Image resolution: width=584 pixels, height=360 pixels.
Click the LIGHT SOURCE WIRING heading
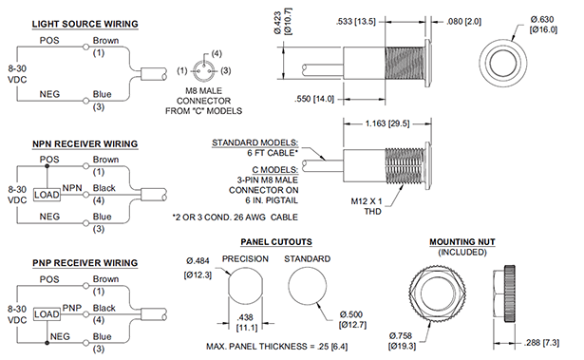tap(85, 24)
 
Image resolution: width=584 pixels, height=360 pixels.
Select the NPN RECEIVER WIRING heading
tap(85, 143)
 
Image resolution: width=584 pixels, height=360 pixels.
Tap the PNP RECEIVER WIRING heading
tap(85, 263)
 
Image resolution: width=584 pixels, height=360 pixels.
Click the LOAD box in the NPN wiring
tap(47, 195)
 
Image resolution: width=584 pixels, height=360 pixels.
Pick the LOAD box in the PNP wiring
tap(47, 314)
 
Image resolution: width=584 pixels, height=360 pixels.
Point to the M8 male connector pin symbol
tap(204, 70)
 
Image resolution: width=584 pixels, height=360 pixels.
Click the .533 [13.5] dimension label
tap(356, 21)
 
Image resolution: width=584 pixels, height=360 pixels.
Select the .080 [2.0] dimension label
tap(463, 22)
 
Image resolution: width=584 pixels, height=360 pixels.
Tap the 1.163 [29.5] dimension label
tap(387, 123)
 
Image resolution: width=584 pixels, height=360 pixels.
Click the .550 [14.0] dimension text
tap(314, 99)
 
